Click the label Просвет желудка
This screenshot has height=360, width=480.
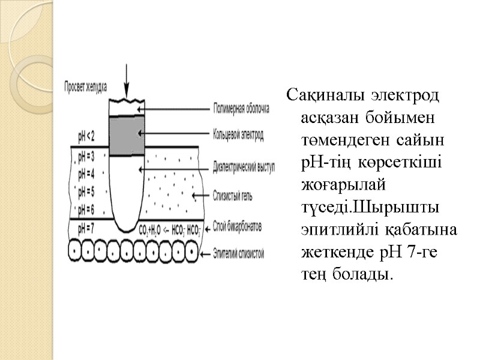[86, 86]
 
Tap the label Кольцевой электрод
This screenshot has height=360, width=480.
[238, 135]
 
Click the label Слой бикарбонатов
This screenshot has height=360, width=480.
[238, 226]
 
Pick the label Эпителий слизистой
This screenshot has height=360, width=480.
[239, 253]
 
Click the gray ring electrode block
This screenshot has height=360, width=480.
[127, 135]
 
